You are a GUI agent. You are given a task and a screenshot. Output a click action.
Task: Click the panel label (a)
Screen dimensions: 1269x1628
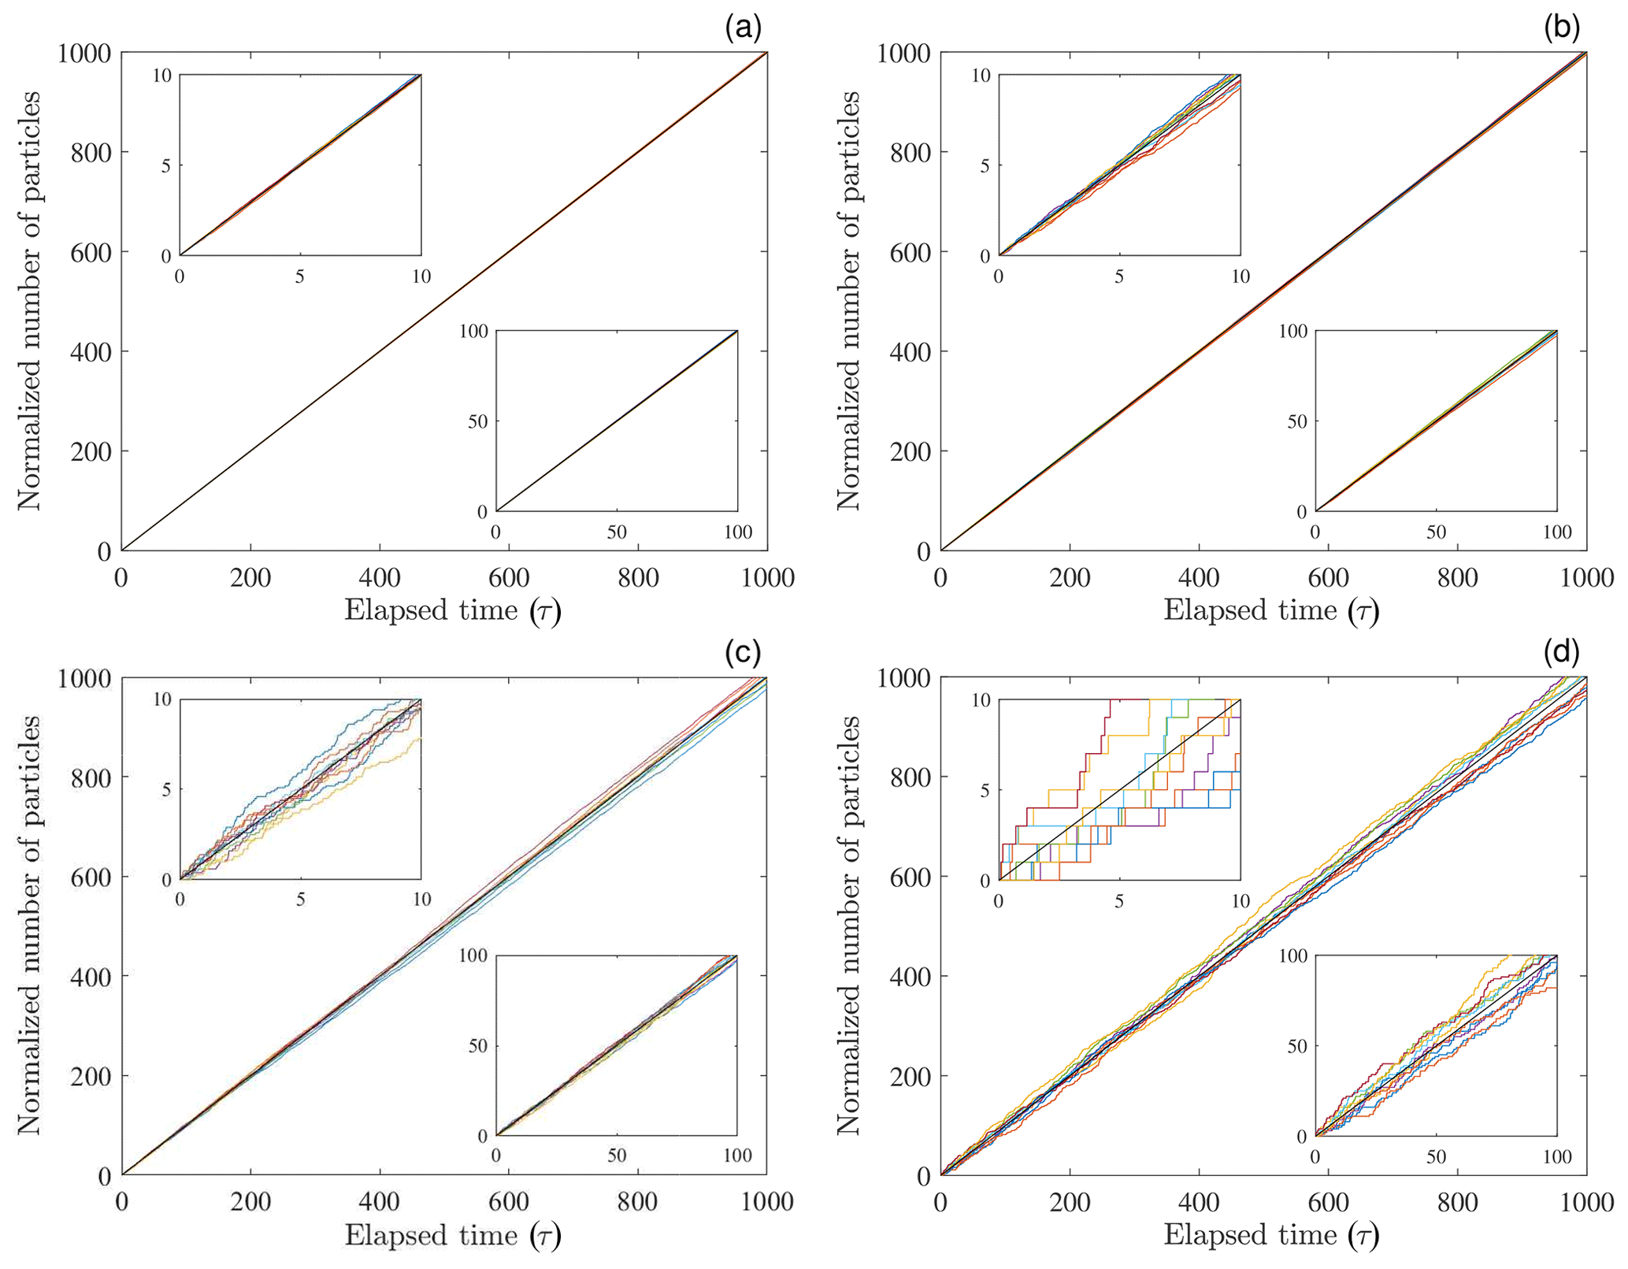coord(743,29)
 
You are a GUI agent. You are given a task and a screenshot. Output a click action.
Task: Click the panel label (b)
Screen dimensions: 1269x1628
coord(1562,29)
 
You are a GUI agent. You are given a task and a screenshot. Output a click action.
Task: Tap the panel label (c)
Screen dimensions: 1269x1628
coord(743,653)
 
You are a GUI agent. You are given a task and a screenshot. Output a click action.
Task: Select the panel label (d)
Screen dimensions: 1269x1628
coord(1562,653)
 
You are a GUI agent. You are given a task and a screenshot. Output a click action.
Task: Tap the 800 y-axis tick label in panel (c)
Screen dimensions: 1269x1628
coord(91,777)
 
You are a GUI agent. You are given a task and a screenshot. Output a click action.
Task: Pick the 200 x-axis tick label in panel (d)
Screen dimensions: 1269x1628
coord(1070,1202)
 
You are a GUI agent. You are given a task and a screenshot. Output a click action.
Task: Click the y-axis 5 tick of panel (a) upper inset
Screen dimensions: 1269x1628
coord(166,166)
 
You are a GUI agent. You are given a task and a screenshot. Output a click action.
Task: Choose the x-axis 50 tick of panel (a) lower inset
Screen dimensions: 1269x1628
coord(617,532)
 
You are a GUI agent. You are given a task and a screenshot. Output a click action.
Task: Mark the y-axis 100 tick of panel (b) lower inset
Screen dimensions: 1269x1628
coord(1292,331)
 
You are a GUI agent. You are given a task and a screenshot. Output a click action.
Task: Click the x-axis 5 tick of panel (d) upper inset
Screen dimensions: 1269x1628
coord(1119,900)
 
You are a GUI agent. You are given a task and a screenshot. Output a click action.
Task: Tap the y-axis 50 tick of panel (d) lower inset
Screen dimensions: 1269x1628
coord(1297,1046)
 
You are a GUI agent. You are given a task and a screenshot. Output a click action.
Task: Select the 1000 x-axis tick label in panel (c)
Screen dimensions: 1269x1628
coord(766,1202)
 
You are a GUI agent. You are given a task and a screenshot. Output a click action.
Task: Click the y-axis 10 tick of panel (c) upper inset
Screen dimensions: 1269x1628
coord(162,699)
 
